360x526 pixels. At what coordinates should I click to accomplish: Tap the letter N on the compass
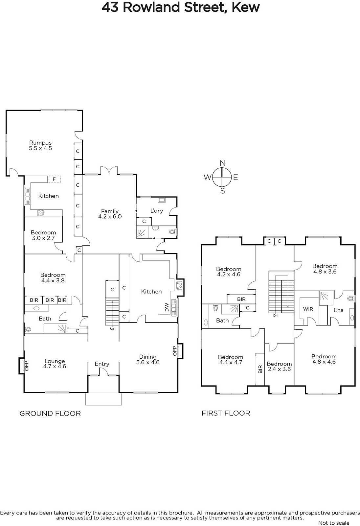pos(222,163)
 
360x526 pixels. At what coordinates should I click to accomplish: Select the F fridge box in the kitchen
pos(54,179)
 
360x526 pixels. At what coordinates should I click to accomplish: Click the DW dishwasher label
pos(167,307)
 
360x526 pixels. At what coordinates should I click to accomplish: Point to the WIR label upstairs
pos(308,309)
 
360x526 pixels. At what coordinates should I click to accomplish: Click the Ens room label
pos(338,310)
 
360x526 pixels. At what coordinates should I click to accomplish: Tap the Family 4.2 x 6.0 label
pos(110,214)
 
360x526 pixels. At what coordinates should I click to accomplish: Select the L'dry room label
pos(157,211)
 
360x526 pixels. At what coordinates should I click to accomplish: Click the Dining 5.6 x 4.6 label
pos(148,359)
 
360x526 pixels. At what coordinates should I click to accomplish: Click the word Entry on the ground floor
pos(102,364)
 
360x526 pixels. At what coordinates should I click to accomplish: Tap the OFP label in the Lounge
pos(26,366)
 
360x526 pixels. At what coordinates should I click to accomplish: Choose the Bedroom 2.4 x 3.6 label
pos(279,366)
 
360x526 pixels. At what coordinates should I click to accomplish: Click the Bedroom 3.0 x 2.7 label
pos(43,235)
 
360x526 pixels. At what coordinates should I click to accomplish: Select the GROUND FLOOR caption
pos(50,414)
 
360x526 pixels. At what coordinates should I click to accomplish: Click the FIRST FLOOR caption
pos(226,413)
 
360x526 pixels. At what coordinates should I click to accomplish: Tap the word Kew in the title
pos(245,7)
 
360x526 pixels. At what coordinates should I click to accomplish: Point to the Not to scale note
pos(334,523)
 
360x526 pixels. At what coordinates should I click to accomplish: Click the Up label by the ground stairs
pos(112,329)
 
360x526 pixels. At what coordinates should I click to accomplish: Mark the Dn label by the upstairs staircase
pos(275,316)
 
